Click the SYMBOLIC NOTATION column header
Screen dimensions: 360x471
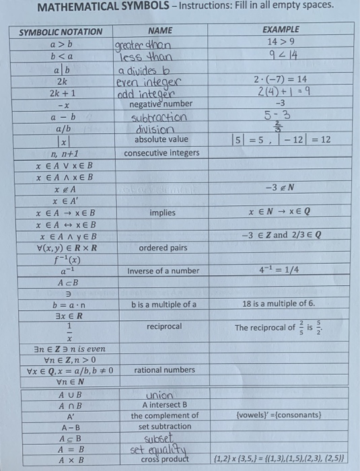pyautogui.click(x=61, y=32)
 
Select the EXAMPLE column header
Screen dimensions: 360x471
pyautogui.click(x=281, y=30)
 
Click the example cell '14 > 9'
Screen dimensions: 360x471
pyautogui.click(x=281, y=41)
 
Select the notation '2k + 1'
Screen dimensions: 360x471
pyautogui.click(x=61, y=92)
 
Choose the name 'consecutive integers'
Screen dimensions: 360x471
pyautogui.click(x=161, y=153)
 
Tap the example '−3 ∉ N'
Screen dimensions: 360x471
pyautogui.click(x=281, y=188)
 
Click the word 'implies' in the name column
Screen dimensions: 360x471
pyautogui.click(x=162, y=213)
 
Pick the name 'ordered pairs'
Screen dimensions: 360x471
pyautogui.click(x=163, y=248)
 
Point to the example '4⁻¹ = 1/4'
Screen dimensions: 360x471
pyautogui.click(x=281, y=270)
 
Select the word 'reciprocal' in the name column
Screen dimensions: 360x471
pyautogui.click(x=164, y=326)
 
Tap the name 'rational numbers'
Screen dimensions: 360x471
pyautogui.click(x=165, y=370)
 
